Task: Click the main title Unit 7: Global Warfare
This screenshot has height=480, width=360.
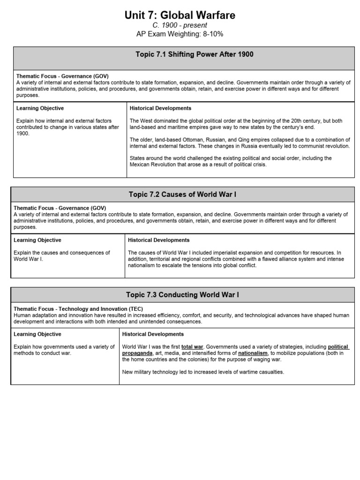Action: coord(180,15)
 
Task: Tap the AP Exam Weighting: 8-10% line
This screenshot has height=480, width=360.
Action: coord(180,34)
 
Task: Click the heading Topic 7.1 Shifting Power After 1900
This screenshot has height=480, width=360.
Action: coord(194,54)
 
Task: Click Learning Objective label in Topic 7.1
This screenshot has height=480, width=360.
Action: coord(40,108)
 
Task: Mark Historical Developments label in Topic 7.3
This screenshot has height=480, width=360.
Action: coord(153,334)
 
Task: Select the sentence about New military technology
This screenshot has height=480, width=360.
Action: coord(203,372)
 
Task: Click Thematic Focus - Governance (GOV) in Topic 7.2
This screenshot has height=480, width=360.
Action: coord(60,208)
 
